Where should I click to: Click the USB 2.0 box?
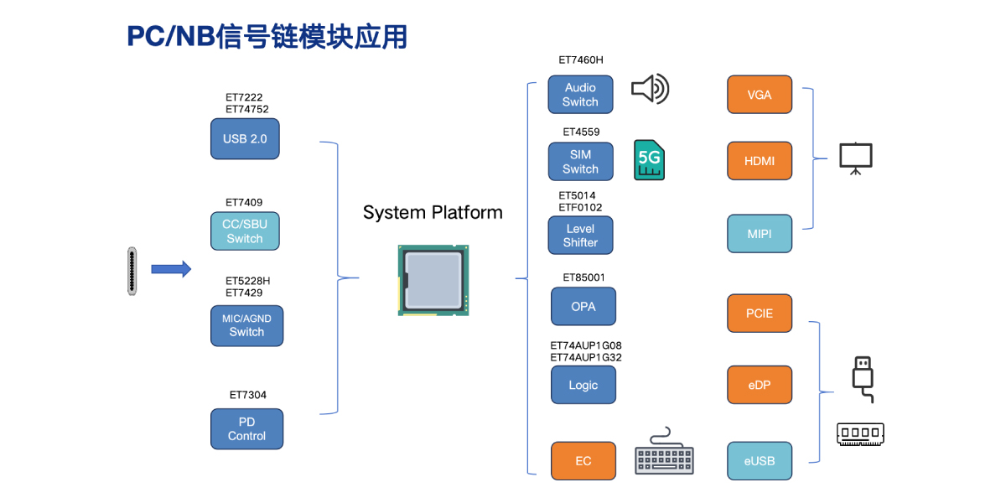(x=244, y=138)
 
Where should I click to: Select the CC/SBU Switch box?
(x=244, y=231)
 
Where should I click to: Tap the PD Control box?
(x=246, y=428)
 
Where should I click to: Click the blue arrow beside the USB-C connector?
(x=171, y=269)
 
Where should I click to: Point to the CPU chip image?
(x=433, y=280)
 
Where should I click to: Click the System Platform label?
(x=433, y=213)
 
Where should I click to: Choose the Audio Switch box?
(x=580, y=95)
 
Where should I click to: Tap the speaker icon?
(x=650, y=89)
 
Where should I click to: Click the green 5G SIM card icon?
(x=650, y=160)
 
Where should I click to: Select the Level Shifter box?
(x=580, y=236)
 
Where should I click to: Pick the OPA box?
(x=583, y=307)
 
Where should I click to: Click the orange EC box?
(x=583, y=461)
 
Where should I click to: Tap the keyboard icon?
(x=664, y=454)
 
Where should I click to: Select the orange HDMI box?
(x=759, y=161)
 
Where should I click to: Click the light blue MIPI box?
(x=759, y=234)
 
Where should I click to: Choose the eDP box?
(x=759, y=385)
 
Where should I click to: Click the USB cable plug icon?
(x=863, y=379)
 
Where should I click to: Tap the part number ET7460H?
(x=580, y=60)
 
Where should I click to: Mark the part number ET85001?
(x=583, y=277)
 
